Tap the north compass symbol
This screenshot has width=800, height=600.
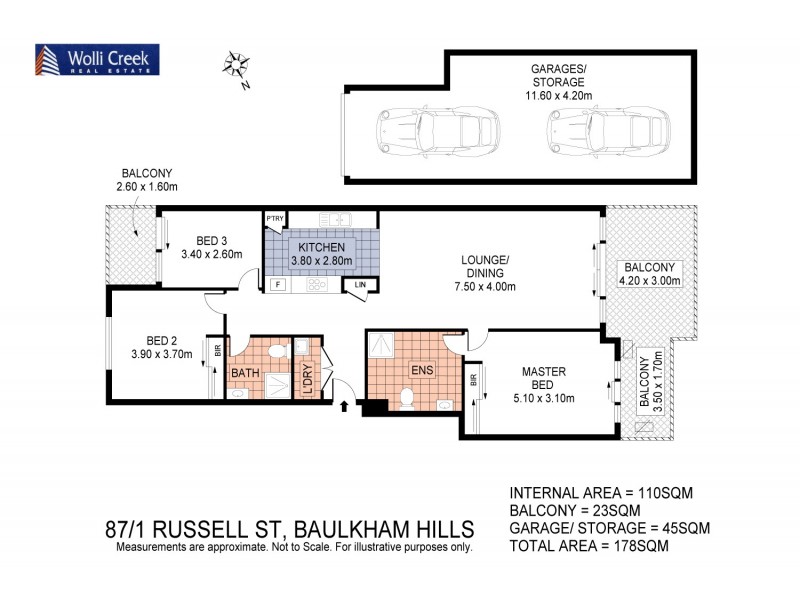pos(238,67)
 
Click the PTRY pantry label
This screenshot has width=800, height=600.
pos(275,217)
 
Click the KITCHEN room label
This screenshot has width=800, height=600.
pos(319,247)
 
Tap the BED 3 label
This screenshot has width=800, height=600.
pos(212,240)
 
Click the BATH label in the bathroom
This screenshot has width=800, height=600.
pos(246,373)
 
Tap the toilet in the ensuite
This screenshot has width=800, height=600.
pos(407,400)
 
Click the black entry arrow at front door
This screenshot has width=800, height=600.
pos(345,405)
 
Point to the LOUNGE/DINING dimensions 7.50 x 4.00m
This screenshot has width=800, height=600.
pos(485,287)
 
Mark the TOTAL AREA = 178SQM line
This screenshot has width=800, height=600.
pos(588,547)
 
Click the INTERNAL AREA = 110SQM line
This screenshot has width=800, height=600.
pos(601,493)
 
